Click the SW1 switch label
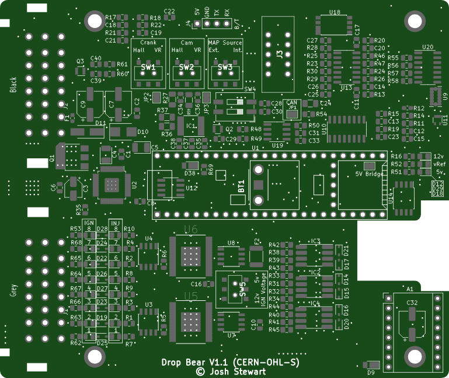pos(148,68)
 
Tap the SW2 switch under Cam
pos(187,68)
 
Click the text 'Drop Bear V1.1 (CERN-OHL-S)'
pos(230,362)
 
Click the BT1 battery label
pos(241,187)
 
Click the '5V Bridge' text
pos(369,174)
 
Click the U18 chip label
pos(335,12)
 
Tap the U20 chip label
pos(427,47)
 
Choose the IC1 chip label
pos(190,126)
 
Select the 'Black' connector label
pos(14,85)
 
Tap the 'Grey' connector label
pos(14,290)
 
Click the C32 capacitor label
pos(412,303)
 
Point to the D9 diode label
pos(370,372)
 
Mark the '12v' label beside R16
pos(439,156)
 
